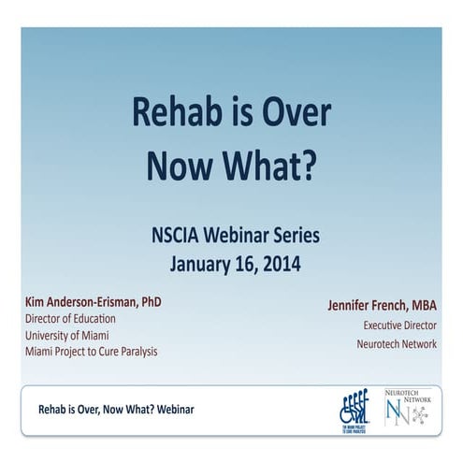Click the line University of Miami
[x=73, y=334]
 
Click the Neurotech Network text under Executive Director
[x=397, y=344]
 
